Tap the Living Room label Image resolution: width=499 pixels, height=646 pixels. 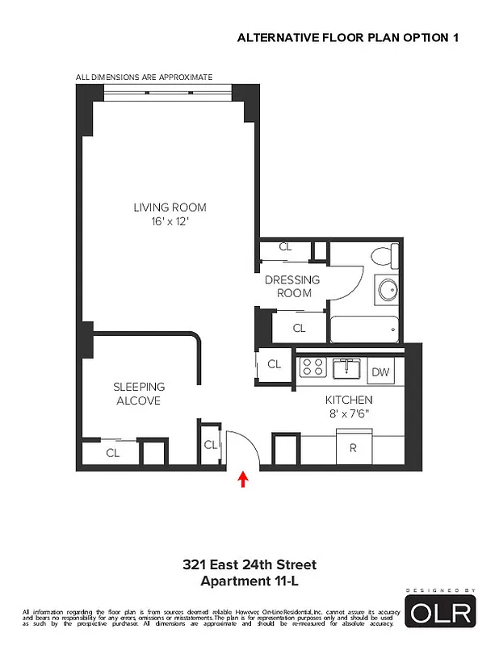166,208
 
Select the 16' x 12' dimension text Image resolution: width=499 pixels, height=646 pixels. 166,220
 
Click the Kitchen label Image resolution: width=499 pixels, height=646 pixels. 349,400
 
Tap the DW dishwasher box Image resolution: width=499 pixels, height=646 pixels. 379,371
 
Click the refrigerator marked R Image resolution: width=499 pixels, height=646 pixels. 353,447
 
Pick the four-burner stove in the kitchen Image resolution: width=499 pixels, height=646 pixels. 312,368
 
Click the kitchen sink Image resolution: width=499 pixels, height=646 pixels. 348,368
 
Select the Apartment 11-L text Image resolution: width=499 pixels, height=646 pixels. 249,580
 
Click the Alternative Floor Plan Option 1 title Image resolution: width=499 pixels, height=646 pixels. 351,37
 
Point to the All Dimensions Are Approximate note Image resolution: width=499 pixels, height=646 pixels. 144,78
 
